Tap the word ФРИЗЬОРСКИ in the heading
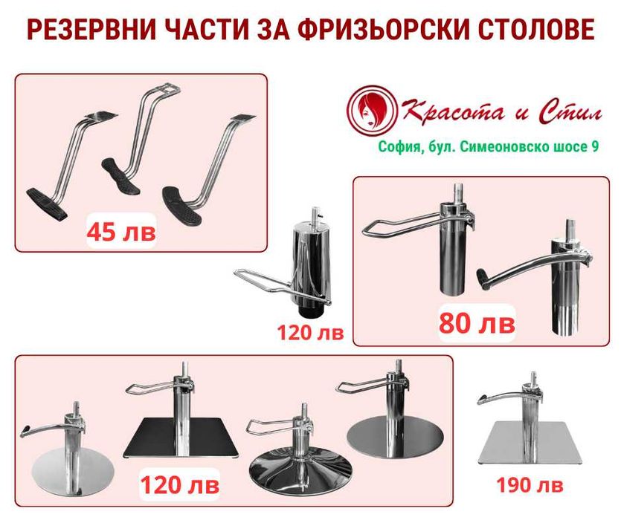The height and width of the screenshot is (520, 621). pos(372,31)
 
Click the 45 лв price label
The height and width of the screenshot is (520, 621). pos(121,231)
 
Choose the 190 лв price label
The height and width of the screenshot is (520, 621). pos(530,487)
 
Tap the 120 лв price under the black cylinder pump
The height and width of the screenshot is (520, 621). pos(310,332)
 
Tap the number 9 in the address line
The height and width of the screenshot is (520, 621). pos(595,147)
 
